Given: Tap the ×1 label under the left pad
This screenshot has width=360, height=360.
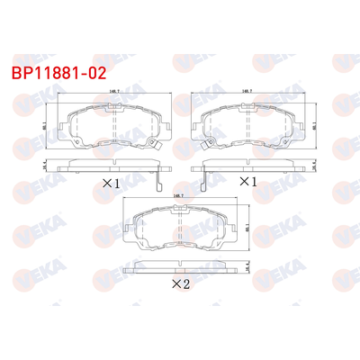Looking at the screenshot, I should (111, 183).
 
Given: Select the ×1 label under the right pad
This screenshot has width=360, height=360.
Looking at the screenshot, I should (246, 183).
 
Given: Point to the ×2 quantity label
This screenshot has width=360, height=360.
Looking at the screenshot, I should (179, 285).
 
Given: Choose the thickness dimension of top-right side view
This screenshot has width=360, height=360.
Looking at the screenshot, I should (315, 165).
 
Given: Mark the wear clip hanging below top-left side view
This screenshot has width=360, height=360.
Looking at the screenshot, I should (157, 183).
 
